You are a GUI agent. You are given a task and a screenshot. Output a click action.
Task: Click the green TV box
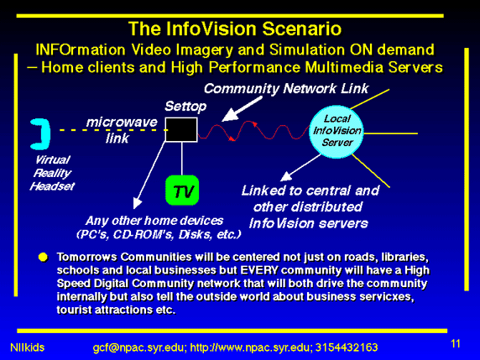[x=182, y=190]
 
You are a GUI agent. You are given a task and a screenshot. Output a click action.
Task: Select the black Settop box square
[x=181, y=129]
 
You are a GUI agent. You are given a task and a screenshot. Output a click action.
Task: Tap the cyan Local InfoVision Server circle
[x=337, y=132]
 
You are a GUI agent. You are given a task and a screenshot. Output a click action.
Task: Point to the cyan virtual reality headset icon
[x=41, y=133]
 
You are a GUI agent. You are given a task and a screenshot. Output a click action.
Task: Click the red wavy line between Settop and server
[x=253, y=131]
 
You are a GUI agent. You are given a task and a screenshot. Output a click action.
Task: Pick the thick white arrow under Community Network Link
[x=242, y=109]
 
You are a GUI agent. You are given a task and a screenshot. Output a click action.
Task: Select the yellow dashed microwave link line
[x=113, y=130]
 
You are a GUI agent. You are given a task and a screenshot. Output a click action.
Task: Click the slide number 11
[x=456, y=343]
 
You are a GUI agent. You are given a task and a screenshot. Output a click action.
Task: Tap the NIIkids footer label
[x=27, y=347]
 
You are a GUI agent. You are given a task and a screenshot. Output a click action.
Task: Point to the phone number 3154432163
[x=347, y=347]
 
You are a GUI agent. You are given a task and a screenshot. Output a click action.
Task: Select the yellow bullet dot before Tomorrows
[x=43, y=257]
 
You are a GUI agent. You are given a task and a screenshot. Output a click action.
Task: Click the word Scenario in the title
[x=301, y=29]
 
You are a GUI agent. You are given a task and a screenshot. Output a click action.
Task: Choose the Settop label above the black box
[x=185, y=107]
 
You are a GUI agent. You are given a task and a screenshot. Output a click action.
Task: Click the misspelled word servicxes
[x=387, y=296]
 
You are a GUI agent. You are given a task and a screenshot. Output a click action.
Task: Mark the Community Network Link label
[x=286, y=89]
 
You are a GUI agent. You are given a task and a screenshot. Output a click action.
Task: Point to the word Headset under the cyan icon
[x=52, y=186]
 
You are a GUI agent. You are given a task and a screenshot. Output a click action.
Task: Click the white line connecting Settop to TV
[x=182, y=159]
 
